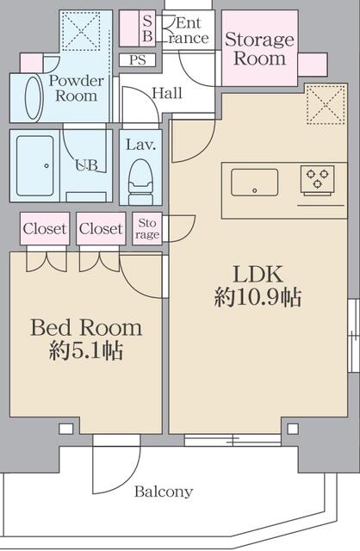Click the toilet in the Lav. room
tap(140, 182)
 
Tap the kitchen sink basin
tap(255, 183)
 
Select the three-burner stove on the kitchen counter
tap(318, 181)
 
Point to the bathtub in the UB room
tap(35, 166)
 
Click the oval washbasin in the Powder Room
tap(34, 97)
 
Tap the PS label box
tap(137, 60)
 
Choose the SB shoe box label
tap(147, 28)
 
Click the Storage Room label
tap(259, 48)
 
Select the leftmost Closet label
tap(45, 229)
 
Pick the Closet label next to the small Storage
tap(101, 229)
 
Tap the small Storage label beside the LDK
tap(147, 228)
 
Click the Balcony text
tap(164, 492)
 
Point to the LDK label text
tap(258, 275)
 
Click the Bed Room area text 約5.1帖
tap(86, 350)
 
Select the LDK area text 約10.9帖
tap(258, 298)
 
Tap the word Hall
tap(167, 93)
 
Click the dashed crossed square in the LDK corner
tap(326, 104)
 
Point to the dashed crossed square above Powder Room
tap(81, 31)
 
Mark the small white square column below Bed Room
tap(65, 429)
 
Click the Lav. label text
tap(140, 145)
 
